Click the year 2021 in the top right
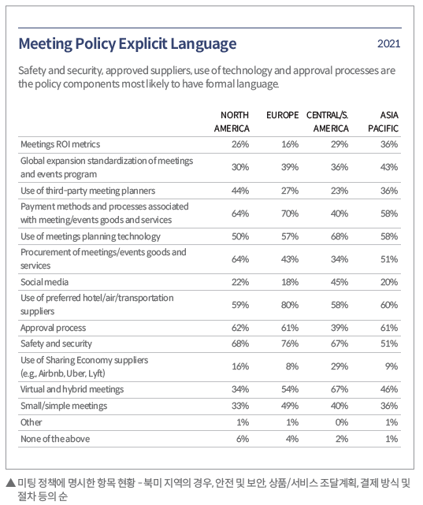coord(389,44)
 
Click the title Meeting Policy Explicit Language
coord(128,44)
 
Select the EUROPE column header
coord(282,115)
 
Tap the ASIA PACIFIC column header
coord(383,122)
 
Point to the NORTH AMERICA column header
coord(232,122)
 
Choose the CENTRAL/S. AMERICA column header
coord(328,122)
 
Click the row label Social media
coord(44,282)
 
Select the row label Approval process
coord(53,328)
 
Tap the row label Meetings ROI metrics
coord(60,144)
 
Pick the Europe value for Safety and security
coord(290,343)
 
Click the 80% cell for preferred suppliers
coord(290,305)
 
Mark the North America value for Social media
coord(240,282)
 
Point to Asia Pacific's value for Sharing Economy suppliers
coord(391,366)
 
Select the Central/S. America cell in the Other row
coord(342,422)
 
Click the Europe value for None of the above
coord(292,439)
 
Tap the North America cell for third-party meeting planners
coord(240,191)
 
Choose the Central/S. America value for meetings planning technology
coord(340,236)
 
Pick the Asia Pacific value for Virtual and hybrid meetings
coord(389,389)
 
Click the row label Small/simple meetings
coord(64,406)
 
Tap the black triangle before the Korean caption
coord(11,482)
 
